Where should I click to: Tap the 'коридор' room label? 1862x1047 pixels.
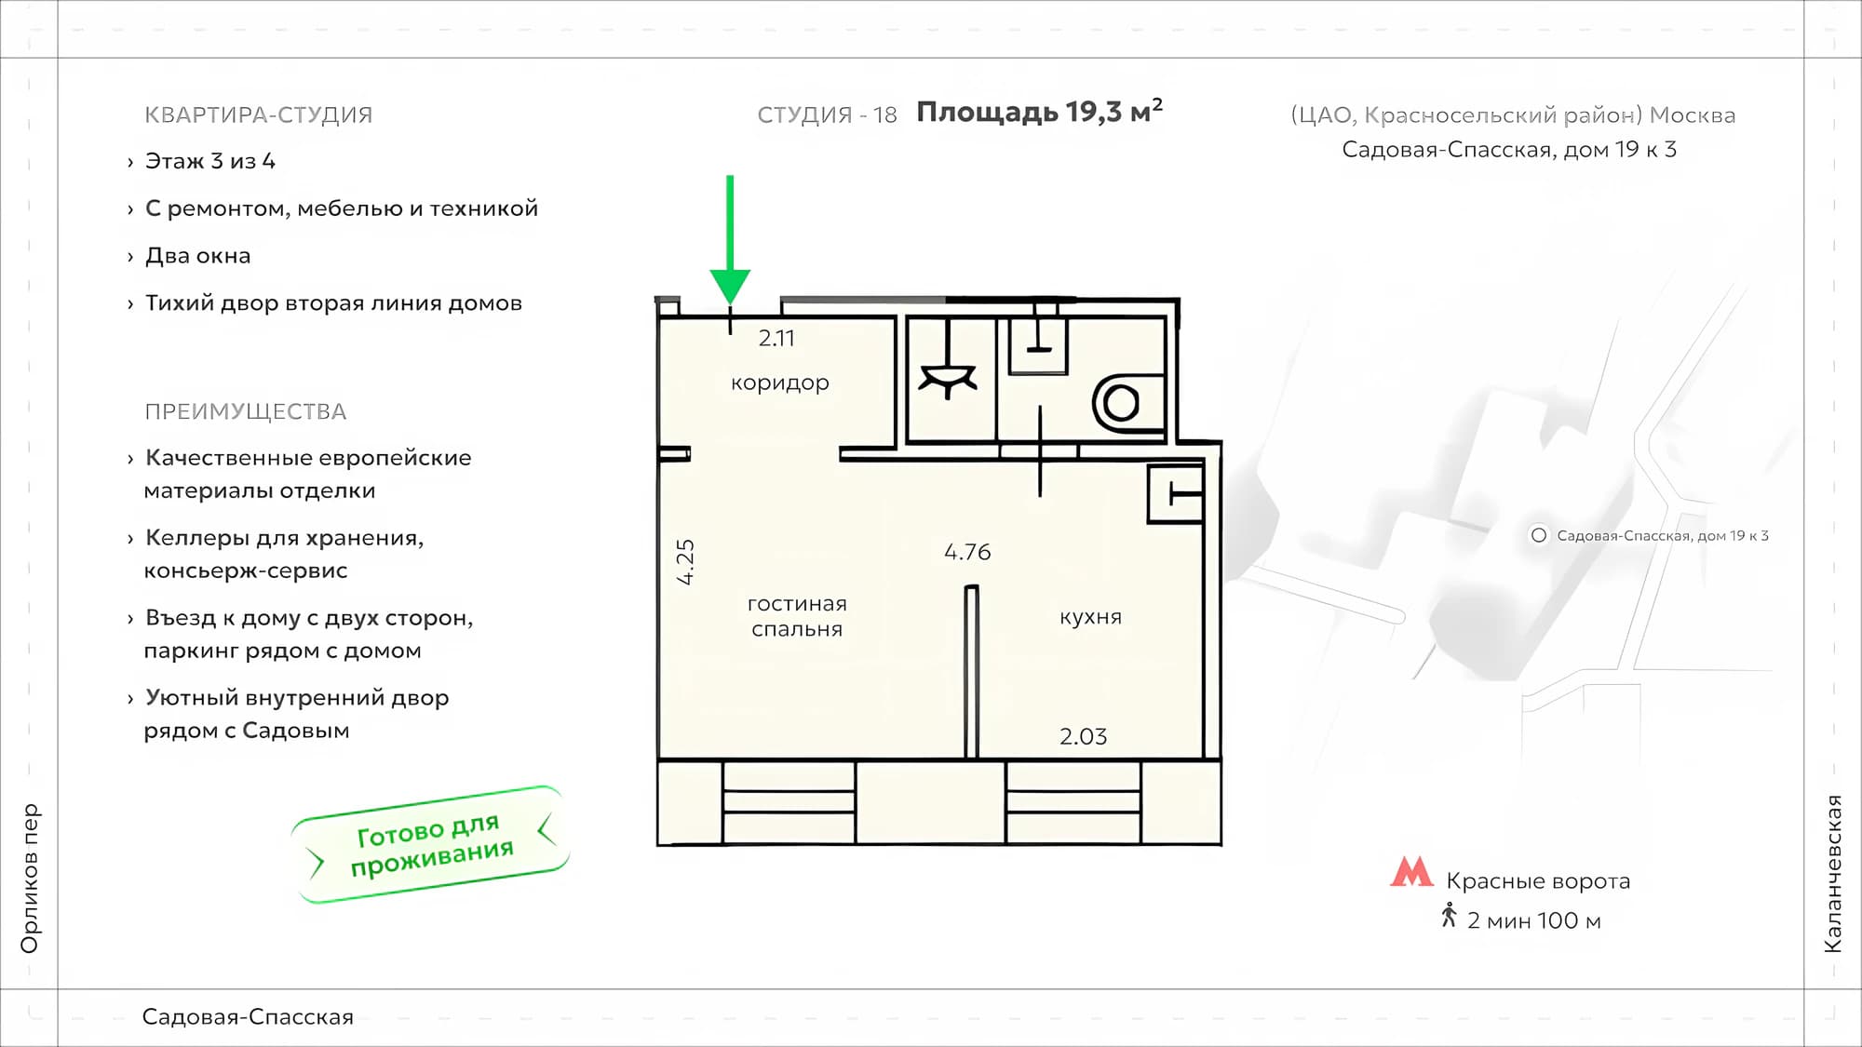780,383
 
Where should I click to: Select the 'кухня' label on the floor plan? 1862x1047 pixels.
1090,617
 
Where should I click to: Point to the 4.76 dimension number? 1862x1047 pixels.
967,552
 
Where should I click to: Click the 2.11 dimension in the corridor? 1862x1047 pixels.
776,339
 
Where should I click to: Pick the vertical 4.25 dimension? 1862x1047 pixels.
685,562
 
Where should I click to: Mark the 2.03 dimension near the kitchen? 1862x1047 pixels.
1084,737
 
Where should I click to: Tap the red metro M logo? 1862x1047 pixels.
1411,872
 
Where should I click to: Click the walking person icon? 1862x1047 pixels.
1449,916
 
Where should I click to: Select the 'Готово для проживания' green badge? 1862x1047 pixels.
430,845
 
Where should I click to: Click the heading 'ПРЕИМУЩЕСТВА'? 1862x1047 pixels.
246,411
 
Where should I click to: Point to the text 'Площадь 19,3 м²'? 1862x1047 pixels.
1040,112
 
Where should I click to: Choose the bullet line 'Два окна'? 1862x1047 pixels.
197,256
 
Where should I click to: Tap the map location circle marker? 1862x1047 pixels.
1539,535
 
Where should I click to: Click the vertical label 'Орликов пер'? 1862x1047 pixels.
30,879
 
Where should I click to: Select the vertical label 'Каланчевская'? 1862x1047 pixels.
1832,874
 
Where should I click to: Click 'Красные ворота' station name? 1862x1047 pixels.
1538,881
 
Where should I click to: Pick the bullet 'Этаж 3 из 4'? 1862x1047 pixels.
210,161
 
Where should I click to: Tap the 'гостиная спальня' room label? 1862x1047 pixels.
797,616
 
